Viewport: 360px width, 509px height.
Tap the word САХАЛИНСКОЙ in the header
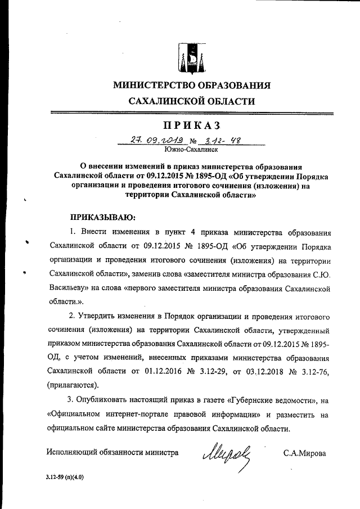coord(163,102)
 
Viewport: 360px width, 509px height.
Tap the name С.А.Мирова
coord(304,452)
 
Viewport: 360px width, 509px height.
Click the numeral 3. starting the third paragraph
coord(70,400)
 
